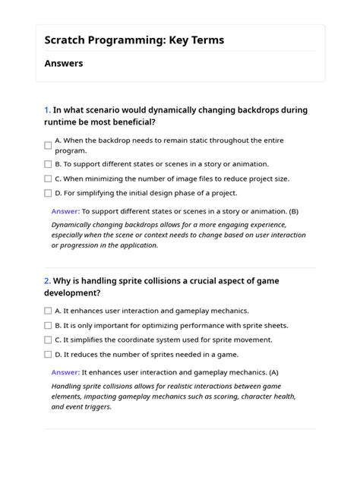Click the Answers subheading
click(x=64, y=64)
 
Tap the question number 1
click(x=46, y=110)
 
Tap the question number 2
click(x=46, y=280)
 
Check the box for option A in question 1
click(x=48, y=145)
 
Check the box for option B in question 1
click(x=48, y=163)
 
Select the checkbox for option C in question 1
click(x=48, y=178)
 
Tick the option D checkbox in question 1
click(x=48, y=194)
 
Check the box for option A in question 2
click(x=48, y=311)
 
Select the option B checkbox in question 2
click(x=48, y=325)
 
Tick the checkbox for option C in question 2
click(x=48, y=339)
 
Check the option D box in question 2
click(x=48, y=354)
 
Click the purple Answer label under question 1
click(x=65, y=211)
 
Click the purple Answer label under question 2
click(x=65, y=372)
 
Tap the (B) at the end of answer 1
click(x=293, y=211)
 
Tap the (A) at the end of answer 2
click(x=273, y=372)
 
